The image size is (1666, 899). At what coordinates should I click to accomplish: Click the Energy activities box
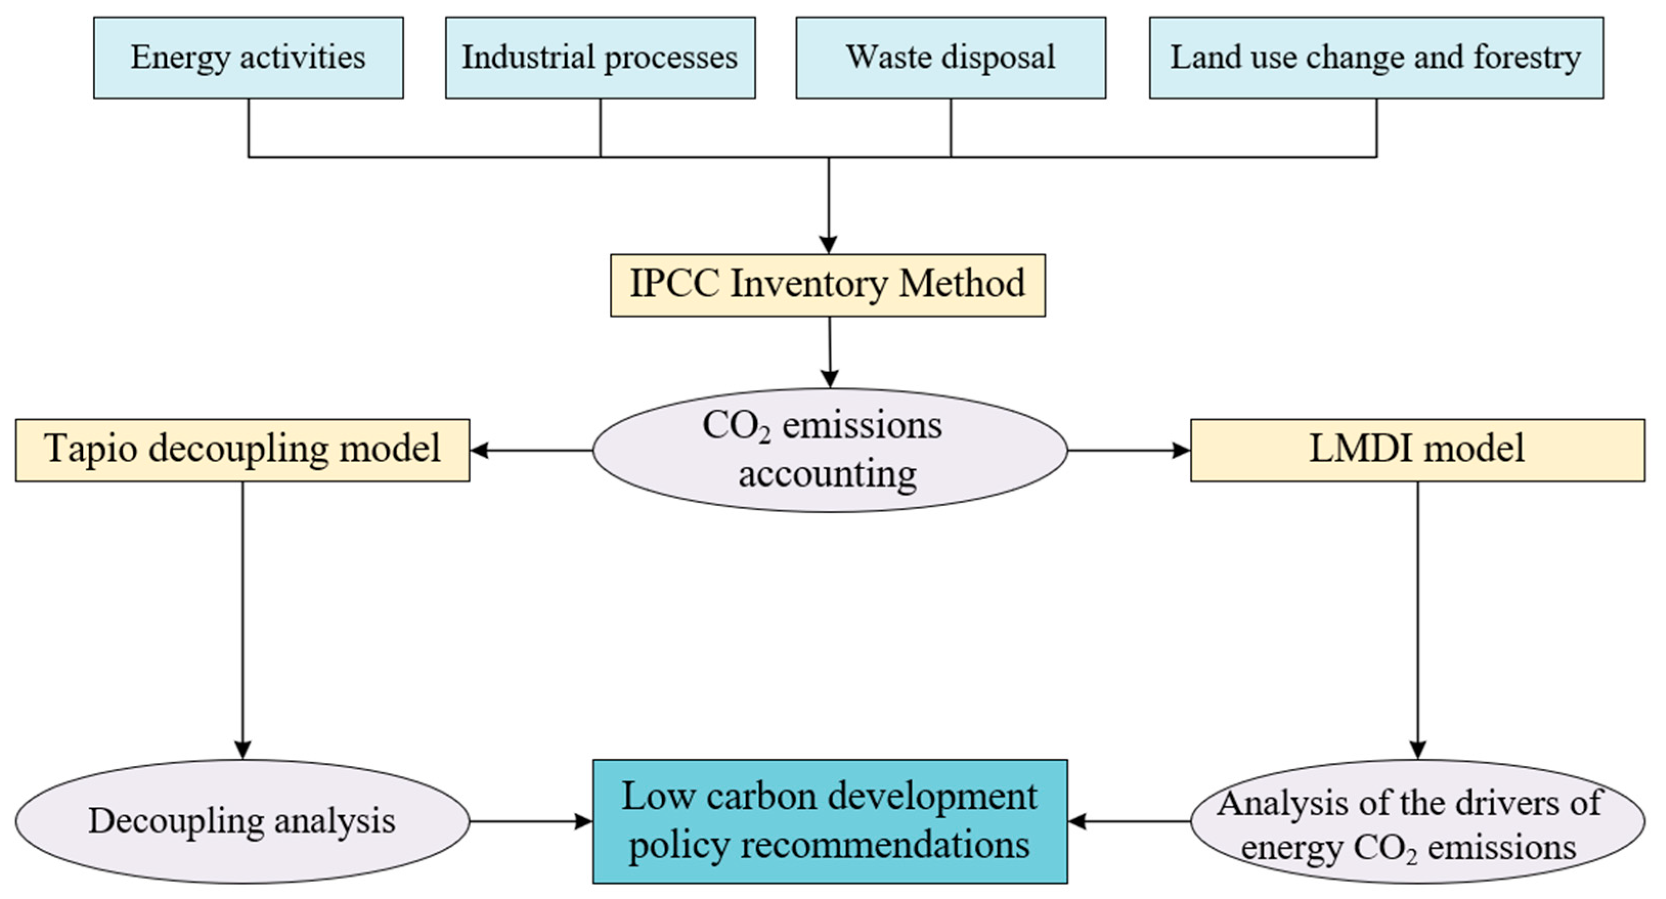pos(249,57)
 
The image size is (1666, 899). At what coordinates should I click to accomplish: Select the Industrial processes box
pos(600,57)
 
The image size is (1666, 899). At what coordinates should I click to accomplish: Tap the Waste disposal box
pos(951,57)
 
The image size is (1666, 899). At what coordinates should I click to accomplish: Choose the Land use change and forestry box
pos(1376,57)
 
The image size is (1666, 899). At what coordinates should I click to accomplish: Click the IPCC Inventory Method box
pos(828,284)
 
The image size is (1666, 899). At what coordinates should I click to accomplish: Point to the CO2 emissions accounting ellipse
pos(830,450)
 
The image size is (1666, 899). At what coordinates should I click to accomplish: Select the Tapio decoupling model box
pos(242,449)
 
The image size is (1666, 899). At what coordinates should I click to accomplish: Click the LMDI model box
pos(1417,449)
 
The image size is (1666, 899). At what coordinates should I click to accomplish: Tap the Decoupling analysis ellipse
pos(242,821)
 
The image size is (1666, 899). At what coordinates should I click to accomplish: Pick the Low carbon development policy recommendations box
pos(830,821)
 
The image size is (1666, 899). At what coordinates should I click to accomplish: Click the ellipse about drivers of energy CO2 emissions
pos(1417,821)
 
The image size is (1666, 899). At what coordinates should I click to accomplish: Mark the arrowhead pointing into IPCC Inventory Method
pos(829,245)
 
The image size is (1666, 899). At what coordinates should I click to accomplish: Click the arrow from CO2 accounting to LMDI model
pos(1128,450)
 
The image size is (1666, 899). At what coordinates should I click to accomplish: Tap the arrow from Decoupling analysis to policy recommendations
pos(530,822)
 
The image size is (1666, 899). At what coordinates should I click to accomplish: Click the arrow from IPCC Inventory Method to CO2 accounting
pos(830,353)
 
